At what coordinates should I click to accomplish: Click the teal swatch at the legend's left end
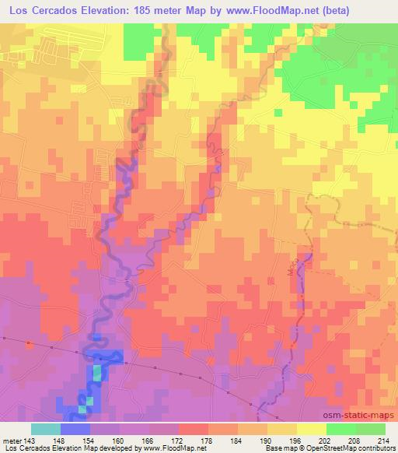click(x=46, y=429)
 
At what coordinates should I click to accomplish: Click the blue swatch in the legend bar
click(x=75, y=429)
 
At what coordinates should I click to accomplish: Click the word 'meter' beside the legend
click(x=11, y=441)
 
